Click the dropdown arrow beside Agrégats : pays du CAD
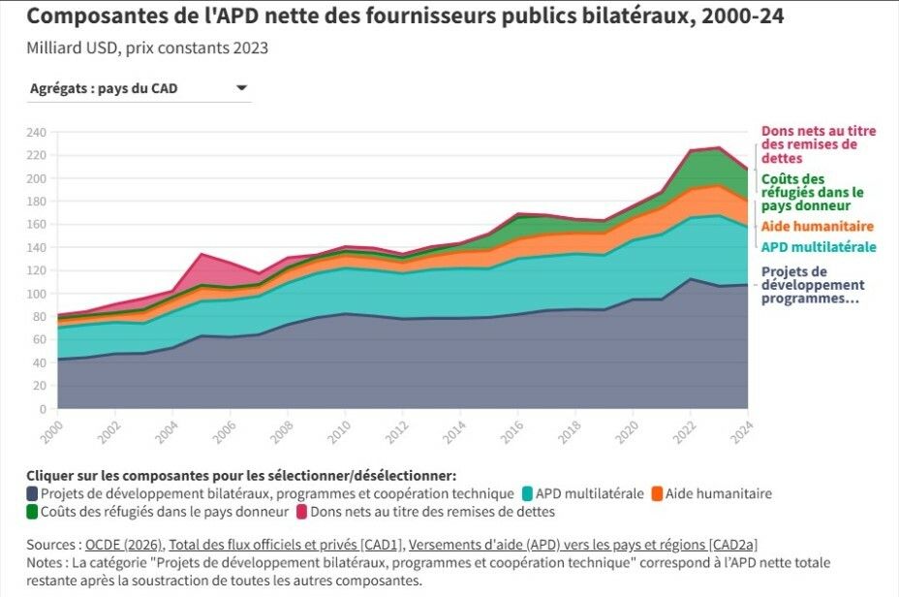(241, 89)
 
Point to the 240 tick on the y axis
(37, 132)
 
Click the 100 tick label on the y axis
(37, 294)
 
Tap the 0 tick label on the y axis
(43, 409)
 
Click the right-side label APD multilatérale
(819, 247)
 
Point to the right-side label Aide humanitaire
(811, 226)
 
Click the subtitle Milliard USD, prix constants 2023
(147, 47)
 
